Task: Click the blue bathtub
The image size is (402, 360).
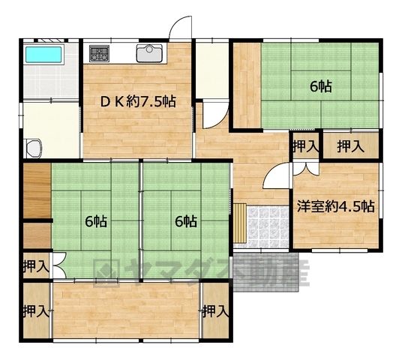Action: coord(43,55)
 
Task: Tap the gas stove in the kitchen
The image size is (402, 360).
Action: coord(99,53)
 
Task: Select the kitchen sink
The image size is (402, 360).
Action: coord(149,53)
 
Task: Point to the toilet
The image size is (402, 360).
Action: coord(34,148)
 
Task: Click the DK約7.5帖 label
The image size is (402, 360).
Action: coord(138,102)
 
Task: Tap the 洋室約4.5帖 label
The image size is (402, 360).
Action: coord(336,206)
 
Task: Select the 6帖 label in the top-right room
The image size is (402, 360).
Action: coord(321,87)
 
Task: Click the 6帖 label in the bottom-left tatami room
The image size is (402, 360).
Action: coord(96,221)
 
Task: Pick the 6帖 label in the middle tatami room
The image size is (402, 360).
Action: coord(186,221)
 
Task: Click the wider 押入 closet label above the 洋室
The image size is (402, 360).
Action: coord(350,147)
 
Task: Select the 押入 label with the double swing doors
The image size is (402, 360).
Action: coord(36,267)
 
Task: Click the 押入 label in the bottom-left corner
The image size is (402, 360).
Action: coord(36,312)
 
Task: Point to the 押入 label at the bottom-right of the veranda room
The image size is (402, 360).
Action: coord(216,312)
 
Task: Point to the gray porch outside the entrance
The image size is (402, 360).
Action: coord(266,272)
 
